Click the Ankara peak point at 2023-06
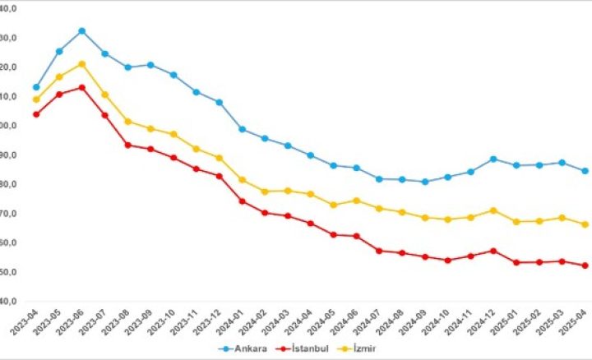[x=82, y=31]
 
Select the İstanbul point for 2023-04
[x=36, y=114]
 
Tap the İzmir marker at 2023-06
[x=82, y=64]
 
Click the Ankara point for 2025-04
[x=585, y=171]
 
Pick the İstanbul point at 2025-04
[x=585, y=265]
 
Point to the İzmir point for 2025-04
[x=585, y=224]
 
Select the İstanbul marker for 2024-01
[x=242, y=201]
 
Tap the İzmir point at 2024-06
[x=356, y=201]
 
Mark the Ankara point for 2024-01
[x=242, y=129]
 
